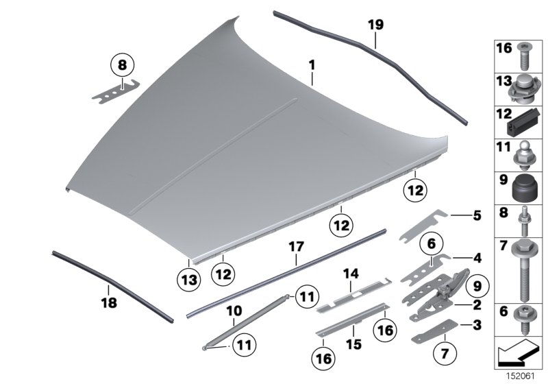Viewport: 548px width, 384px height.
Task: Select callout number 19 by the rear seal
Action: pos(375,25)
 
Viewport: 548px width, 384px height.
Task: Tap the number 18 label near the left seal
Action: pos(108,302)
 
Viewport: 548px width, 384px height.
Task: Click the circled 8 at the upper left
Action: pos(122,67)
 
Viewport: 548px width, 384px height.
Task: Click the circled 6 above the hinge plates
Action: pos(431,243)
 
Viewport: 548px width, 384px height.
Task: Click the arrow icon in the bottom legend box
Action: pos(517,356)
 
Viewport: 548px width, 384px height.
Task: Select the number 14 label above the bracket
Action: pos(351,274)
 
